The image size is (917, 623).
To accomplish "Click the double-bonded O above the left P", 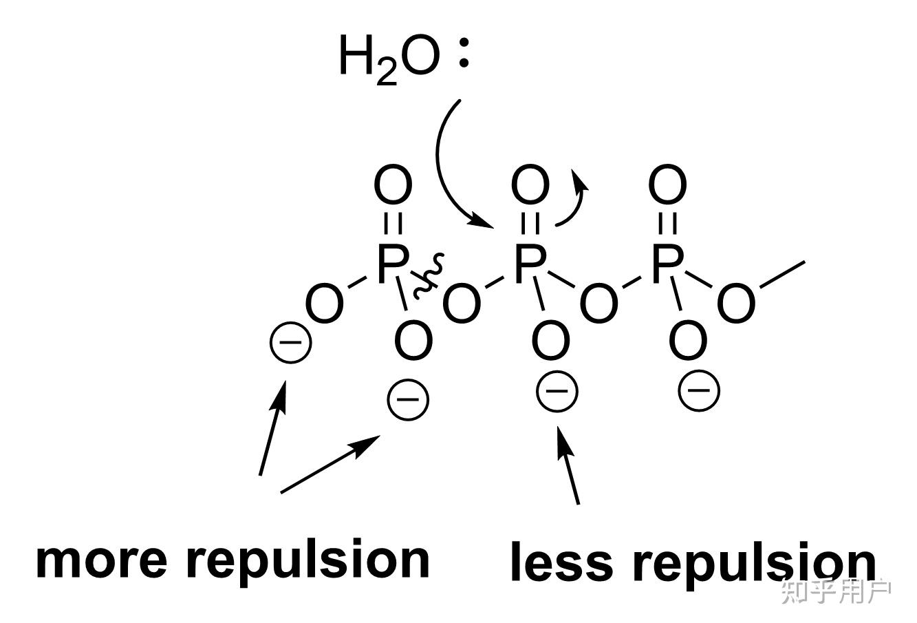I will coord(393,184).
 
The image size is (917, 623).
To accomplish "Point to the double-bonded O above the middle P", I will coord(530,184).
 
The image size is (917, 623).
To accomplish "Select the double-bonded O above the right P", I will coord(668,184).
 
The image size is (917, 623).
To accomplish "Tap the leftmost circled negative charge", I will coord(290,344).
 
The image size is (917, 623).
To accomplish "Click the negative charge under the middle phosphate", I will coord(557,392).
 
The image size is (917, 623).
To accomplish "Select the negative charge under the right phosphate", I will coord(699,390).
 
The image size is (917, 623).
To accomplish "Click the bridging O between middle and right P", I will coord(598,303).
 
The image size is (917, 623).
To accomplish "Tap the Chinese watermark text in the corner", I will coord(836,591).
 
